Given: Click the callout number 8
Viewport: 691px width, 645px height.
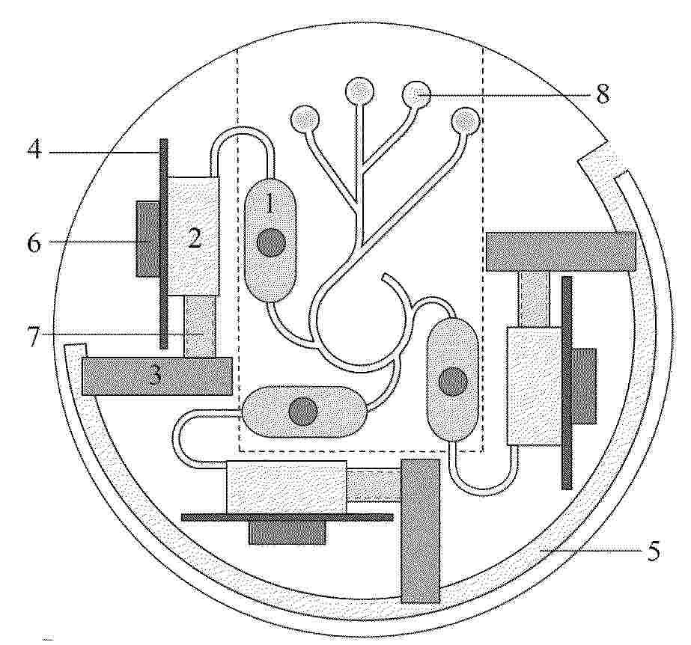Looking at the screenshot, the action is (603, 94).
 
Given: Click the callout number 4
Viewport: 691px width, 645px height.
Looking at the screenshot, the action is (34, 150).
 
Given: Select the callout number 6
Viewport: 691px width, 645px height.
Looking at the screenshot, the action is (34, 242).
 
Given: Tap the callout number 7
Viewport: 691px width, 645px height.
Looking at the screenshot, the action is (33, 337).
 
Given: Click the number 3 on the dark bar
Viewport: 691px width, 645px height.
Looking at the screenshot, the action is (155, 376).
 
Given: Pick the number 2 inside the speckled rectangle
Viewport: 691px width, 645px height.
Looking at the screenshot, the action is (195, 239).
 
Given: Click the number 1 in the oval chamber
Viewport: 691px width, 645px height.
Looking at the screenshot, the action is (270, 204).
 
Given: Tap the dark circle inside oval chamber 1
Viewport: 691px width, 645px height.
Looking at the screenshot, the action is (270, 243).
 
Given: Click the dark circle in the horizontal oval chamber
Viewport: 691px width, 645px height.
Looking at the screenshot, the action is (303, 411).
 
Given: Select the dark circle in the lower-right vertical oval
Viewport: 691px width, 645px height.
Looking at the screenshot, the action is (454, 381).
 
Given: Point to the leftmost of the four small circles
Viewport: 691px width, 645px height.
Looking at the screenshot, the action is (305, 118).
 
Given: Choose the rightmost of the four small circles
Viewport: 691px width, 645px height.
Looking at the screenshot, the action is (466, 120).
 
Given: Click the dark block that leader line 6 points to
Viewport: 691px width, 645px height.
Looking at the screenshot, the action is (147, 239).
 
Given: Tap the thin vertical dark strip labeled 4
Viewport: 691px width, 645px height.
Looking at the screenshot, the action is (163, 244).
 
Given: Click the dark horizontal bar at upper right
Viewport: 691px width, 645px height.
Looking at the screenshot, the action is (561, 251).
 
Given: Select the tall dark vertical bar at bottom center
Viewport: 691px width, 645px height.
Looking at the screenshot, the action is (421, 531).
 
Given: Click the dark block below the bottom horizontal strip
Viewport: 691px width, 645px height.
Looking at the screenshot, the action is (287, 533).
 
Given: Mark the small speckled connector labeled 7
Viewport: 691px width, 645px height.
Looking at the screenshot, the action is (200, 325).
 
